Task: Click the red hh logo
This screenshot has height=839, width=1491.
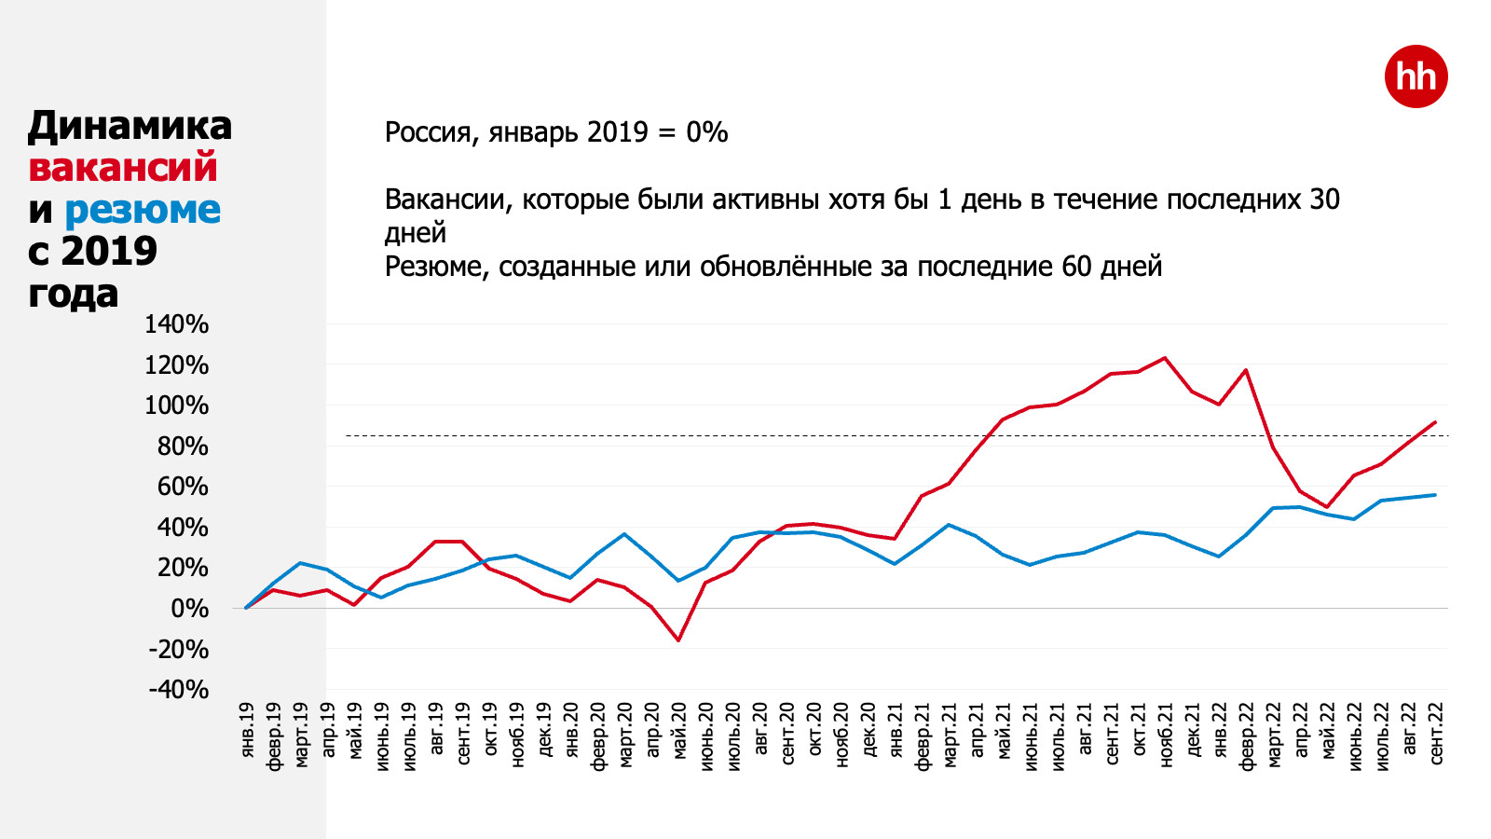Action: [1416, 76]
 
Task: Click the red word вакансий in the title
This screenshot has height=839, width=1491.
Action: [123, 168]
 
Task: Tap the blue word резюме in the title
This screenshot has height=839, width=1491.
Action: [143, 210]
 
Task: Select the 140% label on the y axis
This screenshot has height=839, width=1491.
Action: [176, 324]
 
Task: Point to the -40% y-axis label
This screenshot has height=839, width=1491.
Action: [178, 690]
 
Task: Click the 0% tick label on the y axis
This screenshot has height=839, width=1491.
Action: [189, 609]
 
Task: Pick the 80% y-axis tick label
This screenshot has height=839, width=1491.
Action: [183, 447]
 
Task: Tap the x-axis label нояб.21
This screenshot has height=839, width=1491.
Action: [1166, 736]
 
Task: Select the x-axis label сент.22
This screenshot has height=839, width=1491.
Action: [1436, 735]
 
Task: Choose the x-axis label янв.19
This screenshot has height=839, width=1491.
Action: [247, 731]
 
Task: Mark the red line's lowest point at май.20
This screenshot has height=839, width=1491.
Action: [678, 640]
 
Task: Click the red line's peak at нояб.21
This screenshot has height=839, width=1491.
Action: [1165, 358]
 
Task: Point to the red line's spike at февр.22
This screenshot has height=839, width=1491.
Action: [1246, 370]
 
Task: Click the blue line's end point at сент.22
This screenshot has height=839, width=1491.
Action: [1435, 495]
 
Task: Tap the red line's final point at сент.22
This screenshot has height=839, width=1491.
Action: [1435, 422]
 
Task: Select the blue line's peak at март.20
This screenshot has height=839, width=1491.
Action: [624, 534]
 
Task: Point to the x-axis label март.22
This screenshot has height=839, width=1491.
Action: [1274, 736]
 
